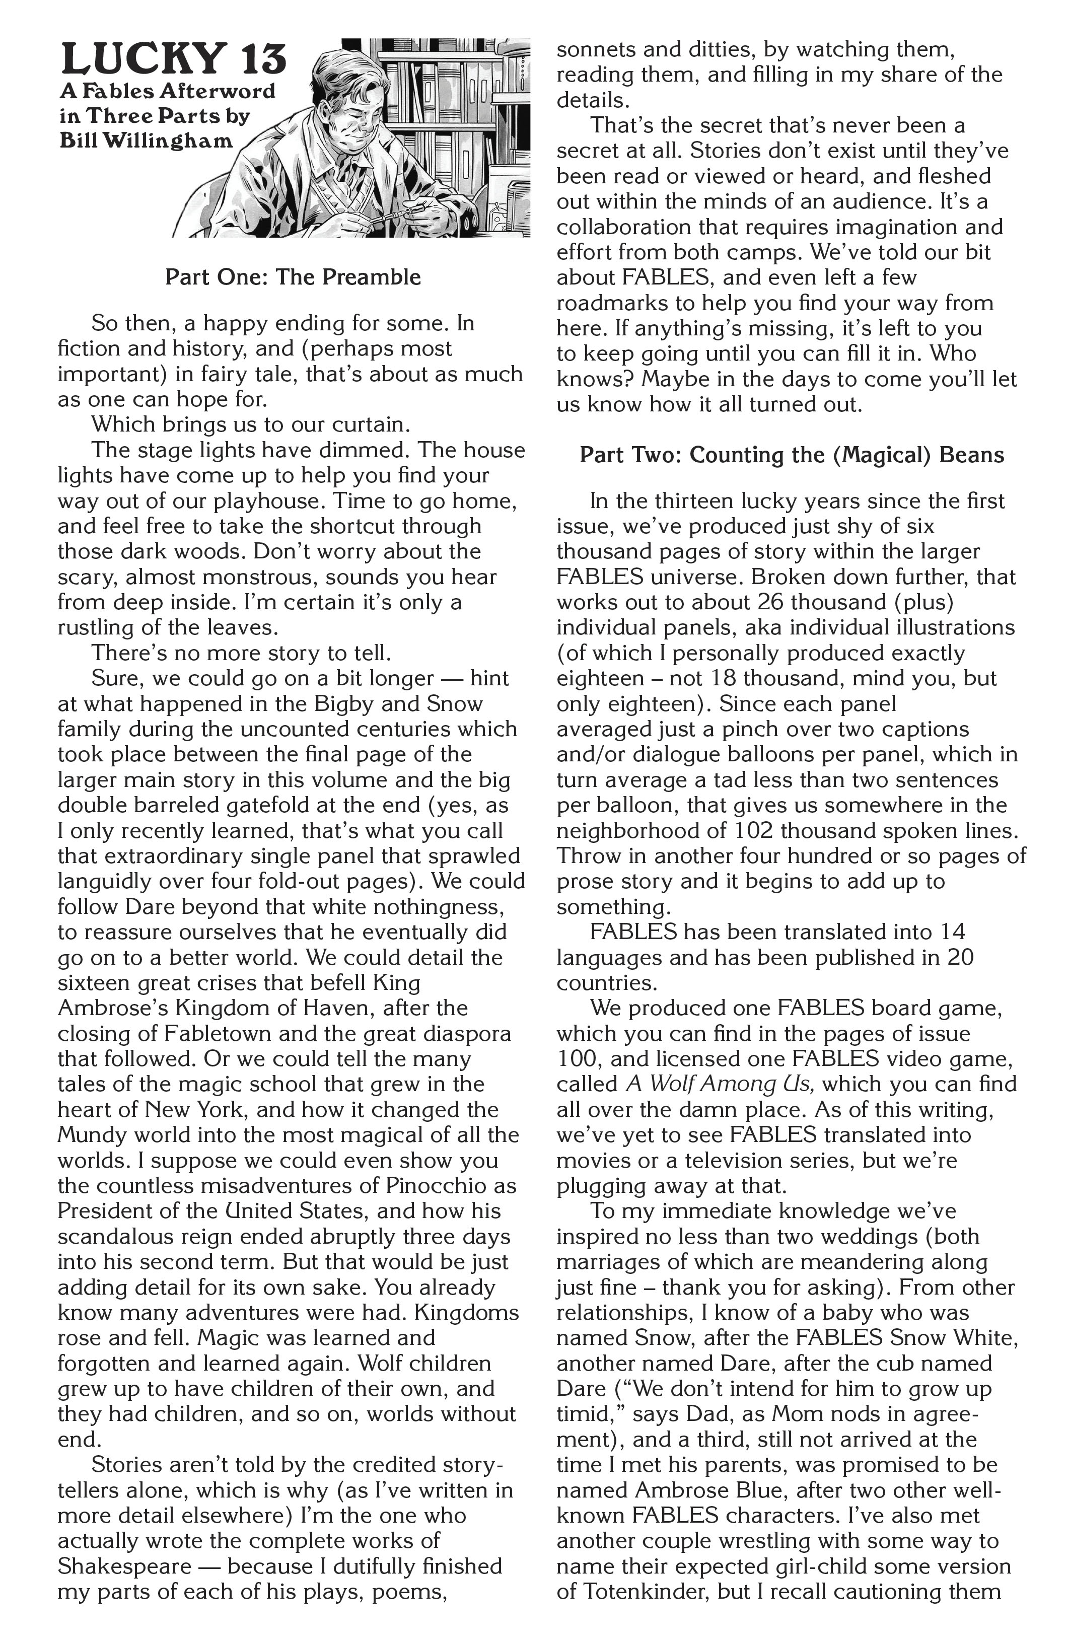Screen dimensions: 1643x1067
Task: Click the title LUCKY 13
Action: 174,59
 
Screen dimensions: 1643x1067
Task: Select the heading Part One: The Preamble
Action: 293,277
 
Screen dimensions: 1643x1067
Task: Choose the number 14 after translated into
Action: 951,932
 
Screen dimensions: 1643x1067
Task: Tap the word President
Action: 110,1211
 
